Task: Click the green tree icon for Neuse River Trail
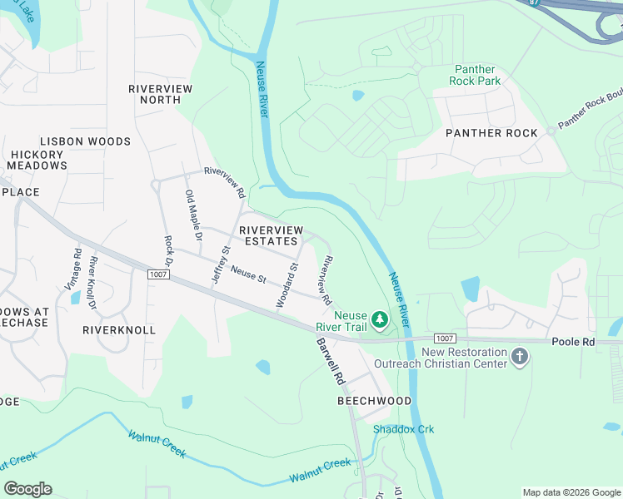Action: pyautogui.click(x=379, y=319)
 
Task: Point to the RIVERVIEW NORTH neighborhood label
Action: pyautogui.click(x=160, y=94)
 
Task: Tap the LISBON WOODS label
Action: pyautogui.click(x=86, y=141)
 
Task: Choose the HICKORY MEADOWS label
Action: pyautogui.click(x=38, y=160)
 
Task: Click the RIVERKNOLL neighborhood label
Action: pyautogui.click(x=119, y=330)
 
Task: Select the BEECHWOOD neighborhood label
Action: pyautogui.click(x=374, y=401)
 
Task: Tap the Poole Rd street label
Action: pyautogui.click(x=572, y=342)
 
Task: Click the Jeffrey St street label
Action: pyautogui.click(x=220, y=265)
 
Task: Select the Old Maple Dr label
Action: pyautogui.click(x=193, y=215)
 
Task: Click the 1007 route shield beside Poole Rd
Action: pyautogui.click(x=446, y=338)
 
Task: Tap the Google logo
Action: pyautogui.click(x=27, y=489)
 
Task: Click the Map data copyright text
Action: pyautogui.click(x=571, y=492)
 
